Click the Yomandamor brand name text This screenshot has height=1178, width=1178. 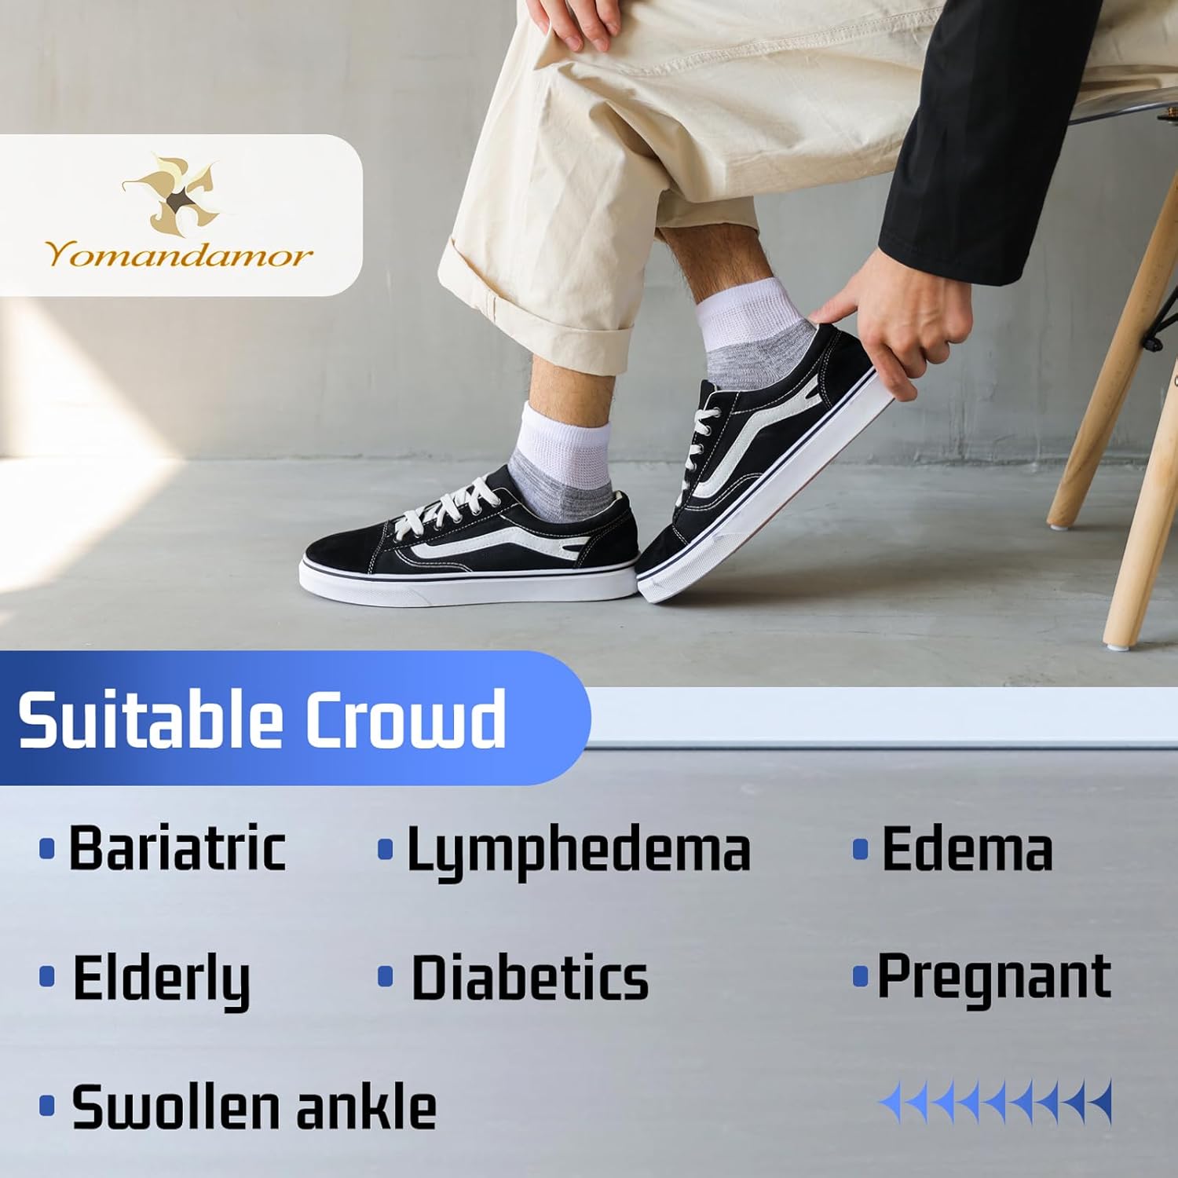click(179, 255)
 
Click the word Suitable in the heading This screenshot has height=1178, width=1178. click(149, 719)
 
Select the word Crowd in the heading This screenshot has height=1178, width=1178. click(405, 719)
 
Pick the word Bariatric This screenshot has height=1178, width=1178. click(177, 848)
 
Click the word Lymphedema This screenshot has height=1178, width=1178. click(578, 851)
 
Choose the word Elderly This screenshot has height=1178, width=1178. click(161, 979)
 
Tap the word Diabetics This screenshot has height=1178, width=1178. click(530, 978)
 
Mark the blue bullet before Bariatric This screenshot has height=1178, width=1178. click(47, 849)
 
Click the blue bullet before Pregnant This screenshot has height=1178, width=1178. click(860, 977)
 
